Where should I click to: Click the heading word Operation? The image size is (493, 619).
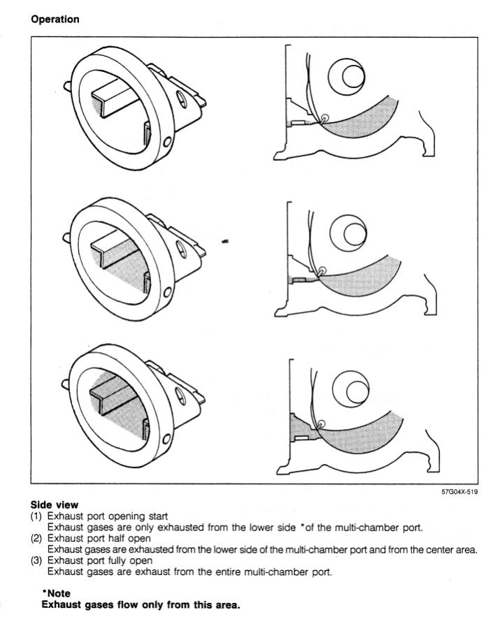(x=55, y=20)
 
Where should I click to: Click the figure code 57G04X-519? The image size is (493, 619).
(x=459, y=492)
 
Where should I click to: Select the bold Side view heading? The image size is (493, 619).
(x=55, y=505)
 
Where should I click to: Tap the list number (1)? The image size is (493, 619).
(x=36, y=516)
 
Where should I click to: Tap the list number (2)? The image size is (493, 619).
(x=36, y=539)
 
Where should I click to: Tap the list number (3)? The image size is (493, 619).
(x=36, y=560)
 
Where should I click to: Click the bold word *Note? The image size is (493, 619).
(x=56, y=593)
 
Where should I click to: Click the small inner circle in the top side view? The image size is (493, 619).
(x=352, y=76)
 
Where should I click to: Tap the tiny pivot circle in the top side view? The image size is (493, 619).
(x=324, y=117)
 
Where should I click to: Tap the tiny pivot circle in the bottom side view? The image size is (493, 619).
(x=322, y=424)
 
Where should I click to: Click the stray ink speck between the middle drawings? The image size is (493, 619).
(x=225, y=241)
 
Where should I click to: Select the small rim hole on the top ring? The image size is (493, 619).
(x=167, y=142)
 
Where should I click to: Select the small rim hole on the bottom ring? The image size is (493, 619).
(x=166, y=439)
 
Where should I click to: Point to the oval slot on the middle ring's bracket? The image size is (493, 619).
(x=181, y=249)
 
